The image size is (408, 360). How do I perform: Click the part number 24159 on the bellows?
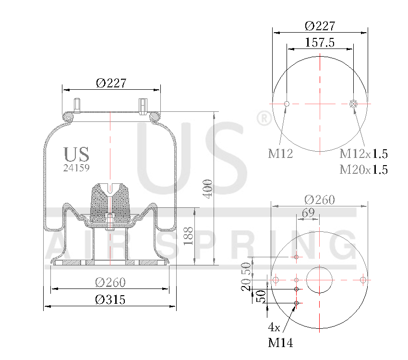pyautogui.click(x=76, y=168)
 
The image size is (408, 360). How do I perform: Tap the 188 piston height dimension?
pyautogui.click(x=189, y=236)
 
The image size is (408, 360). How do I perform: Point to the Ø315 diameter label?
pyautogui.click(x=110, y=300)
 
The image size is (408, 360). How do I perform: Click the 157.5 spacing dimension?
pyautogui.click(x=320, y=42)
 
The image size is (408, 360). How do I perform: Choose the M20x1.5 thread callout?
pyautogui.click(x=363, y=169)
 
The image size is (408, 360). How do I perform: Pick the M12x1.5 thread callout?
pyautogui.click(x=363, y=154)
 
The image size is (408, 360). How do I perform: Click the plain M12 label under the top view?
pyautogui.click(x=280, y=154)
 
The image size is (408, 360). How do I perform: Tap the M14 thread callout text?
pyautogui.click(x=280, y=343)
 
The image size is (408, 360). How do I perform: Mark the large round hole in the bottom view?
pyautogui.click(x=320, y=280)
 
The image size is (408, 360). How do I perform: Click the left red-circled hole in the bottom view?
pyautogui.click(x=276, y=280)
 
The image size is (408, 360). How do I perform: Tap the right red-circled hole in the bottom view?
pyautogui.click(x=363, y=280)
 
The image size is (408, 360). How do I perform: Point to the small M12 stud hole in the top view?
pyautogui.click(x=287, y=104)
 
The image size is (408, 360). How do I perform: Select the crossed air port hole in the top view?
pyautogui.click(x=354, y=104)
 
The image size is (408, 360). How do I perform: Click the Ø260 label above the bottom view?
pyautogui.click(x=320, y=200)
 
